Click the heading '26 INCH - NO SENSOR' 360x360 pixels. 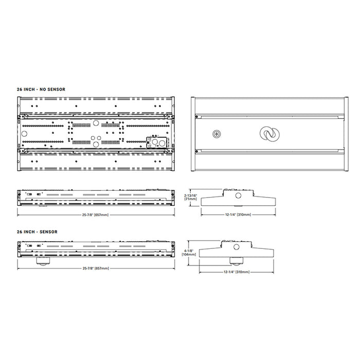point(41,89)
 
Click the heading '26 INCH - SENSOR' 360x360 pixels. point(37,232)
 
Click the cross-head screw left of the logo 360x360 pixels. point(217,134)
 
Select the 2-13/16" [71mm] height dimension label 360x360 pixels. point(190,197)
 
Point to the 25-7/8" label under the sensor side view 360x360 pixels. point(94,268)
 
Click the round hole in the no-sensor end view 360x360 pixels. point(238,196)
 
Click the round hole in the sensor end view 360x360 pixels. point(238,247)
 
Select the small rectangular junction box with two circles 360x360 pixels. point(157,142)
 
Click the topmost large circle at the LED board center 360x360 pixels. point(95,123)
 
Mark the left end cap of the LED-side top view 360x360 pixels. point(19,134)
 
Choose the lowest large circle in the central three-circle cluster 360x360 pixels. point(95,143)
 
